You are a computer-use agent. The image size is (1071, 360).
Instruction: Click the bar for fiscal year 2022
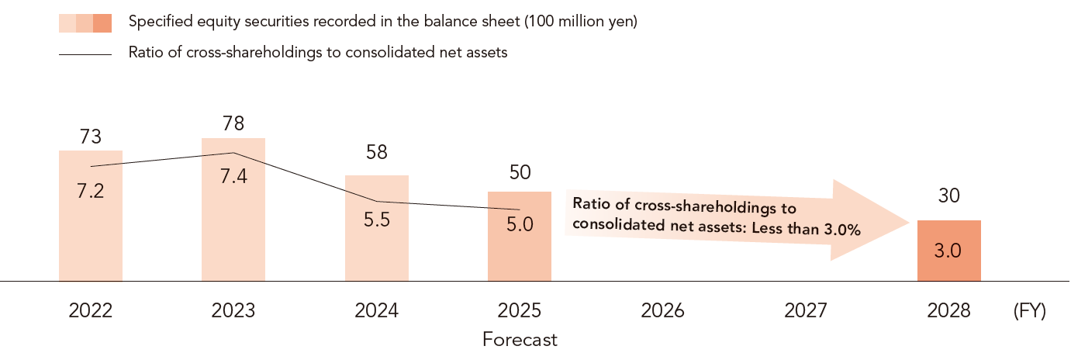[91, 216]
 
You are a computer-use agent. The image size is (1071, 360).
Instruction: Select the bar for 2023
[233, 209]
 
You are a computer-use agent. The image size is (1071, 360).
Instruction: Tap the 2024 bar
[377, 228]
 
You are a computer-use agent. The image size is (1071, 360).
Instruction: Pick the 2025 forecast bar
[520, 236]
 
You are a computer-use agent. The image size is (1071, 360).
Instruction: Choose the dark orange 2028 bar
[949, 251]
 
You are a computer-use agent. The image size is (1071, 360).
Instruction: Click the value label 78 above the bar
[233, 123]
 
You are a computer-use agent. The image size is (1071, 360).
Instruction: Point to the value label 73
[91, 137]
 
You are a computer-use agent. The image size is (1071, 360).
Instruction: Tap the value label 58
[377, 152]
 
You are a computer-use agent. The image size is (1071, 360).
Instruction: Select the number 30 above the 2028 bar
[949, 196]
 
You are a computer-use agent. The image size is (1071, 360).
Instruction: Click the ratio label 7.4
[233, 176]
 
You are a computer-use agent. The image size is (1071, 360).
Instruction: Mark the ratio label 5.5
[377, 220]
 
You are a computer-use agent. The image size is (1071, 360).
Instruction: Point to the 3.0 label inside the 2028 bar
[948, 251]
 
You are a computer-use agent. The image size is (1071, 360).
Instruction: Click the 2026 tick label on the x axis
[662, 311]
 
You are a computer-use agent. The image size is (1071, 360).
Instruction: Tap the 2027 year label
[806, 311]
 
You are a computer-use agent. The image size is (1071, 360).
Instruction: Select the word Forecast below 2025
[520, 340]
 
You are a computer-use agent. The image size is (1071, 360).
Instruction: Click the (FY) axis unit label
[1029, 311]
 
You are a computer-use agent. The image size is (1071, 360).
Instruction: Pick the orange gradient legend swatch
[85, 23]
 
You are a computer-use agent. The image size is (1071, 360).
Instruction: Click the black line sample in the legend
[85, 54]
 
